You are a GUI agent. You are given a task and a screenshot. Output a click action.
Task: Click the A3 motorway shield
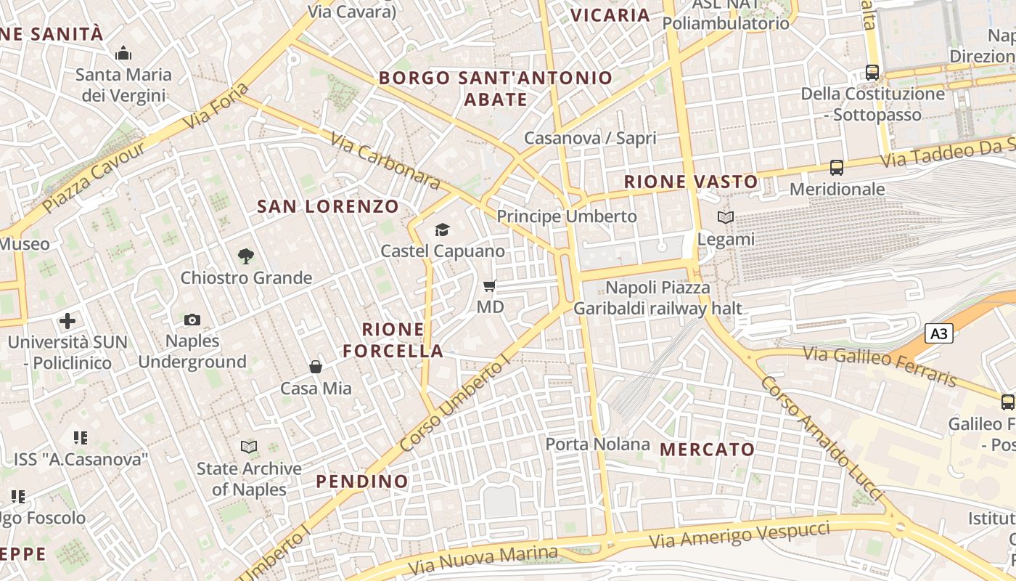[x=939, y=333]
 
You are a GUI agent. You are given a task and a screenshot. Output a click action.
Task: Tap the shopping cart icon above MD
[x=490, y=286]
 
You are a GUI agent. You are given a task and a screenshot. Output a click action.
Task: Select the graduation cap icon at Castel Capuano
[x=442, y=230]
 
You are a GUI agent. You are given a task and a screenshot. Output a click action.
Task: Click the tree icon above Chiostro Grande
[x=246, y=256]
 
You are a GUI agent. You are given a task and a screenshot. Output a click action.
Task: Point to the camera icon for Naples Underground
[x=192, y=320]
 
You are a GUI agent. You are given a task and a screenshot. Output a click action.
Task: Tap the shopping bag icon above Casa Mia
[x=316, y=367]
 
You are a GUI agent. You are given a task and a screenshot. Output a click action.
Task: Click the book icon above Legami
[x=725, y=217]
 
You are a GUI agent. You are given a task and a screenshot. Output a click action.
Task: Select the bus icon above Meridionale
[x=837, y=168]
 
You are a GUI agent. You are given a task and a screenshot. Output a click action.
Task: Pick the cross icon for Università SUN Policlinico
[x=67, y=320]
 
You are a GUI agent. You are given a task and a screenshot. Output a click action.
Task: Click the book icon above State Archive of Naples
[x=249, y=447]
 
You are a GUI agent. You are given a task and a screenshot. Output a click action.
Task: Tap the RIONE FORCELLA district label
[x=393, y=340]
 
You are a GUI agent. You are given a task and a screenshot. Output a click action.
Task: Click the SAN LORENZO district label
[x=328, y=206]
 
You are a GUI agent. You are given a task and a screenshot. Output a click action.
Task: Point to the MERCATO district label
[x=708, y=450]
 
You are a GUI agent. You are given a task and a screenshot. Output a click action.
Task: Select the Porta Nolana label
[x=597, y=444]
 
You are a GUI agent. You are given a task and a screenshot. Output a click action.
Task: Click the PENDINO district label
[x=362, y=481]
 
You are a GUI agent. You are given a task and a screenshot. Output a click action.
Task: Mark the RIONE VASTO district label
[x=691, y=182]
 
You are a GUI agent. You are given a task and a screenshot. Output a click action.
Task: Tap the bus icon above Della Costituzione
[x=872, y=73]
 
